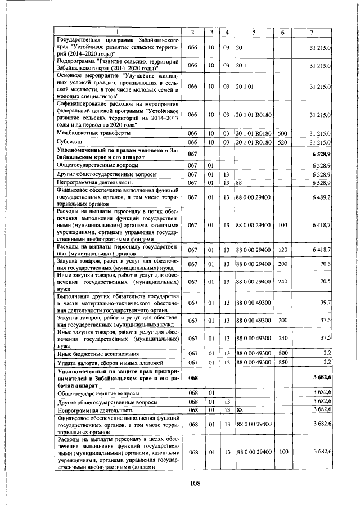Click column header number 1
pyautogui.click(x=118, y=32)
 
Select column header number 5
pyautogui.click(x=254, y=32)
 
